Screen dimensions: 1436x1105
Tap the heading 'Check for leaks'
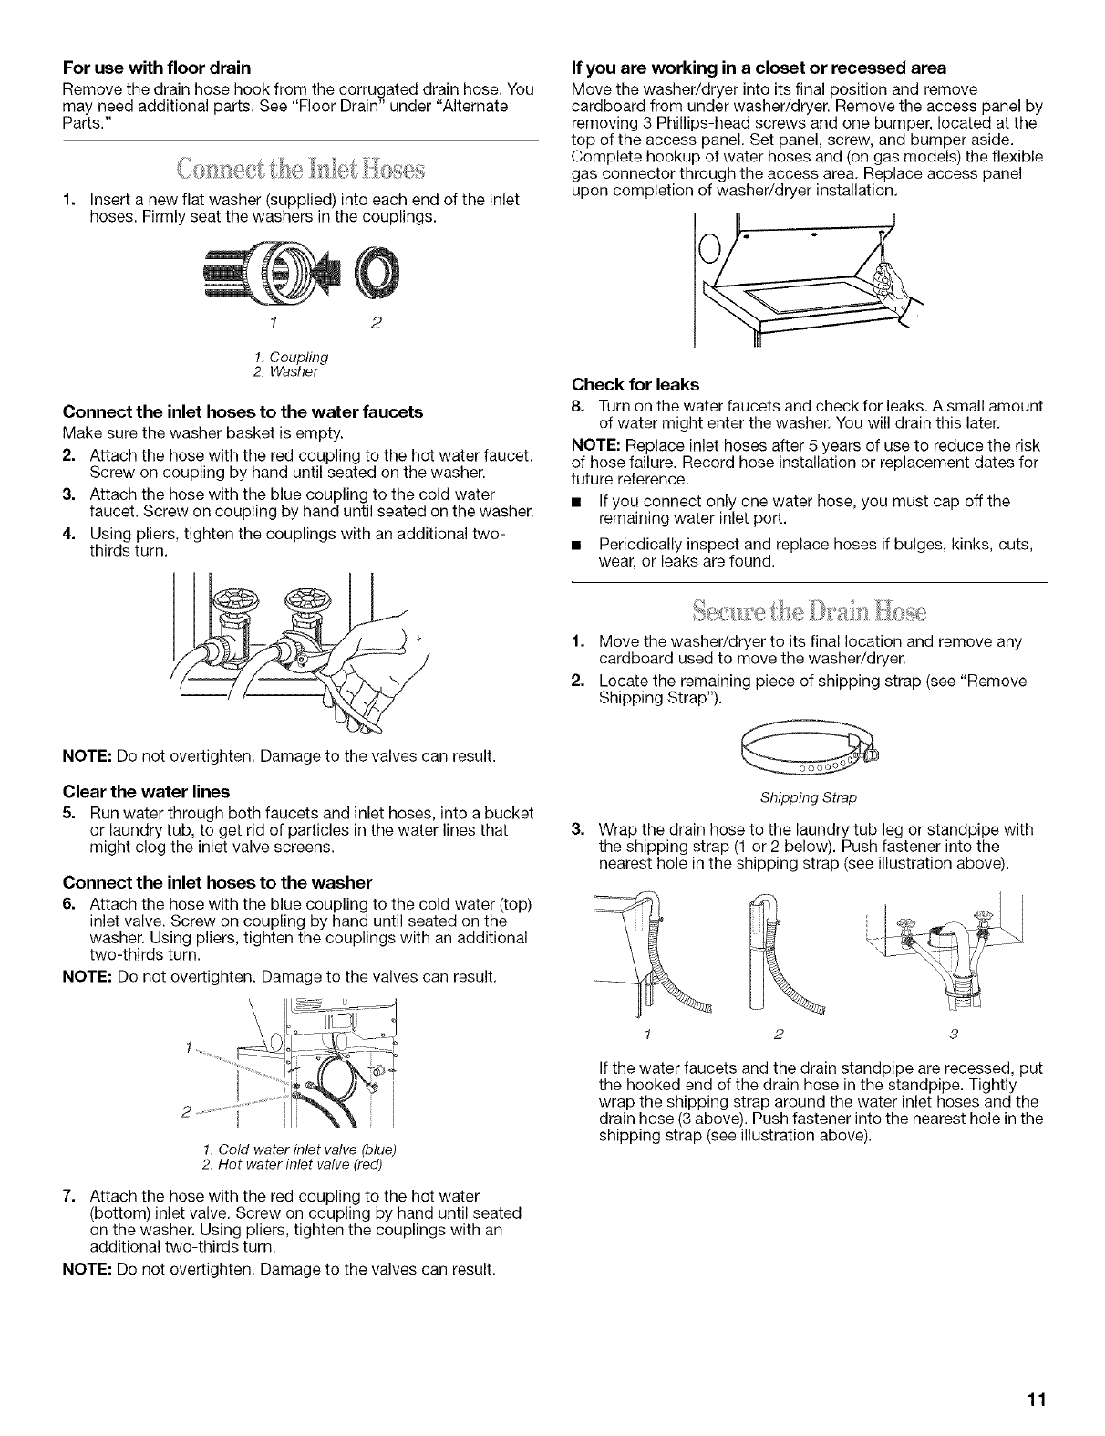coord(623,384)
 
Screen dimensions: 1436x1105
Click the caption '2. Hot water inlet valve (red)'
coord(291,1165)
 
